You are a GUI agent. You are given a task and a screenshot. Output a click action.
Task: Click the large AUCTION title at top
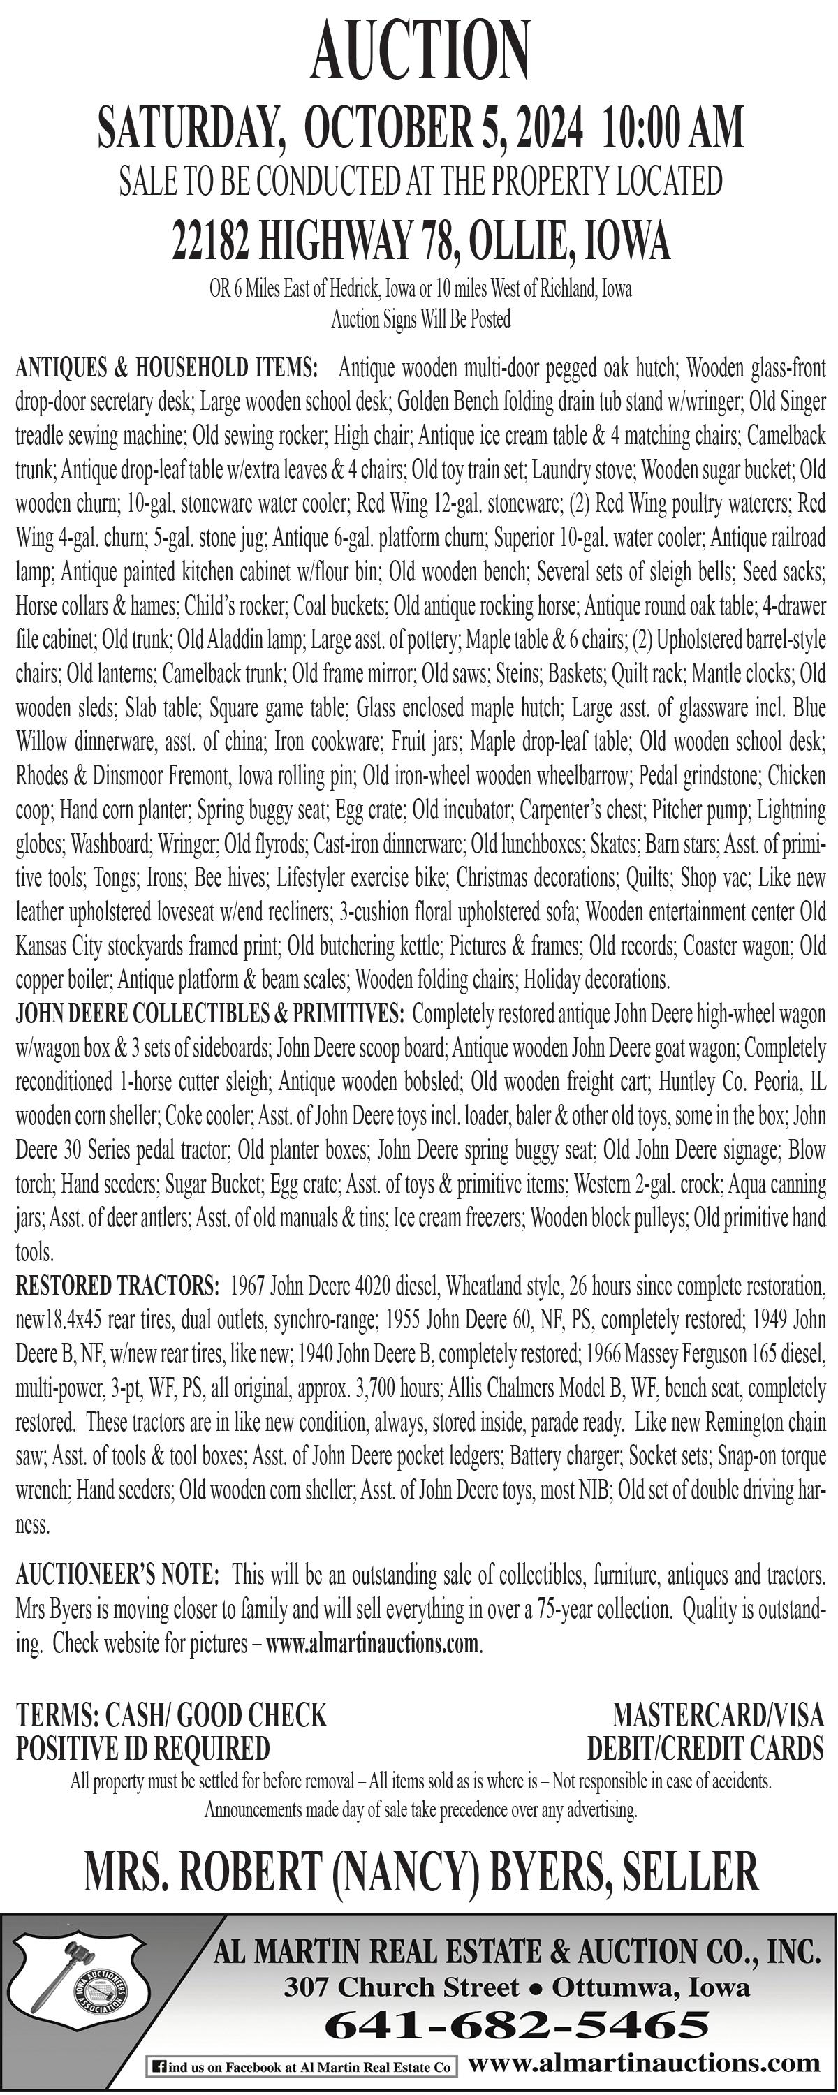click(420, 50)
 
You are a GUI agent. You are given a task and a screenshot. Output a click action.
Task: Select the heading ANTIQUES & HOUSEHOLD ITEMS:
click(166, 367)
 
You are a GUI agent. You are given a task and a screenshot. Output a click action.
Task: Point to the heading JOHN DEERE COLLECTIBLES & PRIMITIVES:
click(209, 1013)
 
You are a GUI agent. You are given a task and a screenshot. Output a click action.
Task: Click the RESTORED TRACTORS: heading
click(117, 1286)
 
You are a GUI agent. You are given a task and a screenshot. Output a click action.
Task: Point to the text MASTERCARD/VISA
click(718, 1714)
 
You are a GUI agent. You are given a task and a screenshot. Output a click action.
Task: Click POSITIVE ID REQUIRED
click(143, 1748)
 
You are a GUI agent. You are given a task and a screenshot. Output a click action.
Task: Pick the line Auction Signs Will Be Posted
click(420, 320)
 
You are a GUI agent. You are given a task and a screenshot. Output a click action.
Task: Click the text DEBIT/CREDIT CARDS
click(705, 1748)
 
